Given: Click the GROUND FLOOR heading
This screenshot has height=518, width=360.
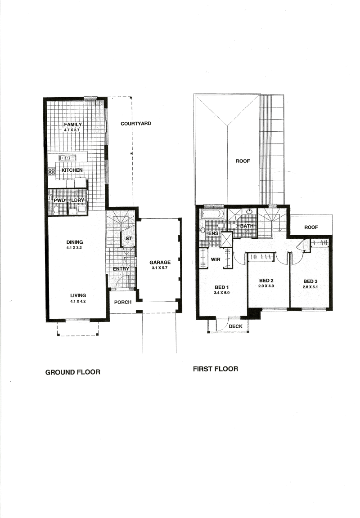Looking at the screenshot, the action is tap(73, 372).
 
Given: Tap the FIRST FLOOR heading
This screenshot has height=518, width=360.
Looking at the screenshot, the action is tap(216, 369).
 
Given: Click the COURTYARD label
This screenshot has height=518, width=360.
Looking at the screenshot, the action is tap(136, 124).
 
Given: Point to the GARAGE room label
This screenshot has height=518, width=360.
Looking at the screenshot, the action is tap(160, 262).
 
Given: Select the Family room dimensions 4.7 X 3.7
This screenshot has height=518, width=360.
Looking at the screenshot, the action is tap(72, 130).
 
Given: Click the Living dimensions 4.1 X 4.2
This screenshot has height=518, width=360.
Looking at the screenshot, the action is tap(78, 301).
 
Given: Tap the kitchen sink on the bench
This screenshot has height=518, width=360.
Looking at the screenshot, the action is tap(67, 158).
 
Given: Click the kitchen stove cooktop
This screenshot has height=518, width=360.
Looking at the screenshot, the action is tap(52, 171).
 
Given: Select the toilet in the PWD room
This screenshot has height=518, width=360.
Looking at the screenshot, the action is tap(56, 210).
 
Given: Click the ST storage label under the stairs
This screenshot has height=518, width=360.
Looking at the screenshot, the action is tap(129, 238).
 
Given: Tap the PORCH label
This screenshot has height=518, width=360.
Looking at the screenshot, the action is tap(123, 302).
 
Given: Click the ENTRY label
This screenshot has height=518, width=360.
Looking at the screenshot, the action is tap(121, 269).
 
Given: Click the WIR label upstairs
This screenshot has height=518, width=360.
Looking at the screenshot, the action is tap(216, 259).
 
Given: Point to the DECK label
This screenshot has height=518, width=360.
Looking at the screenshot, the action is tap(236, 326).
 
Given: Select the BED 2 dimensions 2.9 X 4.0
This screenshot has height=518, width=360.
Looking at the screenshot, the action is tap(266, 286).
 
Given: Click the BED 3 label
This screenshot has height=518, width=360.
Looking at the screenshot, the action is tap(310, 281).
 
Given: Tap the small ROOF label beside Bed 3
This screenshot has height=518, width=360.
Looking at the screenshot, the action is tap(311, 227).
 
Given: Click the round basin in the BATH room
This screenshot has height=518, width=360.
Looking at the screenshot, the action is tap(250, 212).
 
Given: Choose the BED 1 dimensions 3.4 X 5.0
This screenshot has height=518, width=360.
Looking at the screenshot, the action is tap(222, 293).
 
